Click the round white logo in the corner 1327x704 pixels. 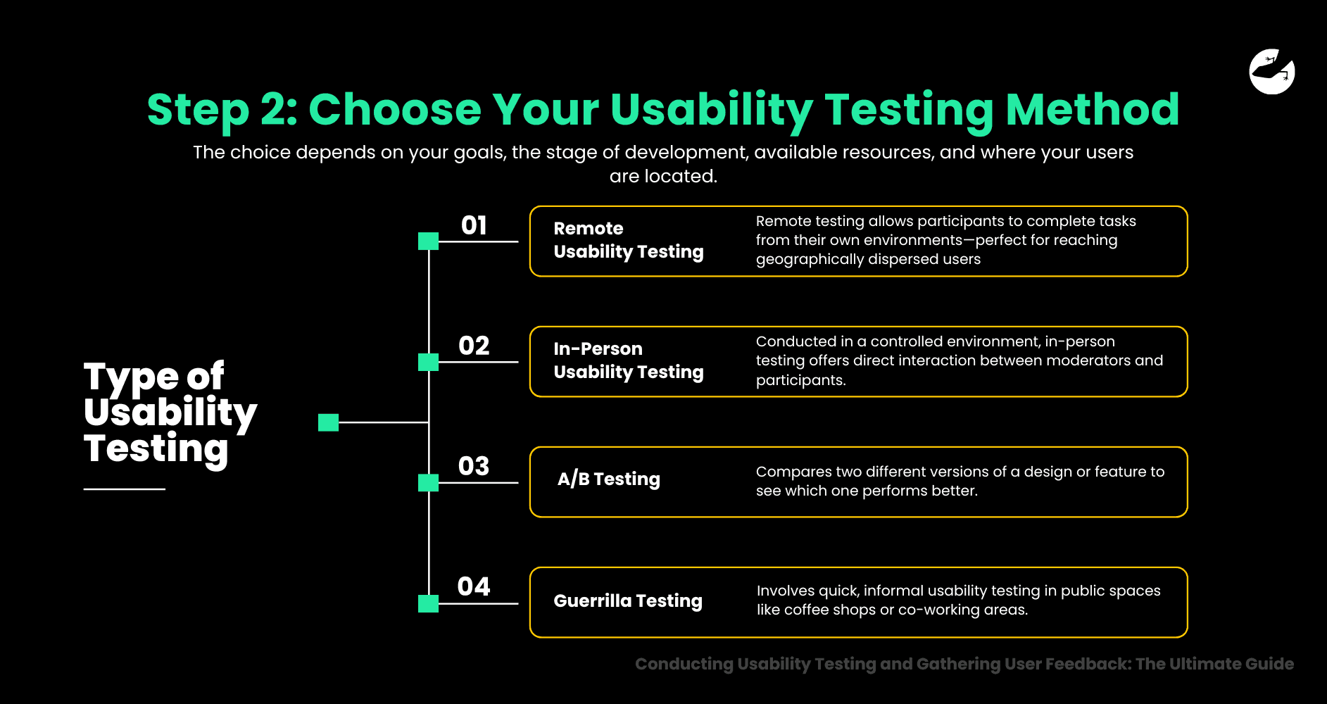pyautogui.click(x=1271, y=71)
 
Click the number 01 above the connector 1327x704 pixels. pyautogui.click(x=474, y=225)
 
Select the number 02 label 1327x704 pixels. pyautogui.click(x=474, y=346)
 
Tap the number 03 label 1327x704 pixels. pyautogui.click(x=474, y=466)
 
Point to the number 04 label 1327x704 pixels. pyautogui.click(x=474, y=586)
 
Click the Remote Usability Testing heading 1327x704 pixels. pyautogui.click(x=628, y=240)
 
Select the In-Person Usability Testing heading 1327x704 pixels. pyautogui.click(x=628, y=360)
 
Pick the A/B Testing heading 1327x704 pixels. pyautogui.click(x=608, y=479)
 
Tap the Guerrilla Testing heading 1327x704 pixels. pyautogui.click(x=627, y=601)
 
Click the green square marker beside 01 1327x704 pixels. pyautogui.click(x=428, y=241)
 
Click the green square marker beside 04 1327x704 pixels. pyautogui.click(x=428, y=603)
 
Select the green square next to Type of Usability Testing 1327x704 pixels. pyautogui.click(x=328, y=422)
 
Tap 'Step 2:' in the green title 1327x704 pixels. pyautogui.click(x=222, y=110)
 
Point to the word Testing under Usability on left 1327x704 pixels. pyautogui.click(x=156, y=449)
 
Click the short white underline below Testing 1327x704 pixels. pyautogui.click(x=124, y=489)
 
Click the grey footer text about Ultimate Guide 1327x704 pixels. pyautogui.click(x=964, y=664)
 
